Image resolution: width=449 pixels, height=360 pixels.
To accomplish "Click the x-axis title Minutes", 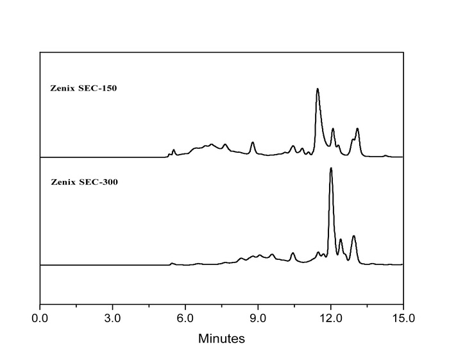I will tap(221, 338).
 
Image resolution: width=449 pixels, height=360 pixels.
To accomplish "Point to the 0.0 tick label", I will tap(40, 318).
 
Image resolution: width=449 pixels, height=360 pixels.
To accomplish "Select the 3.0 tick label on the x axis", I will tap(113, 318).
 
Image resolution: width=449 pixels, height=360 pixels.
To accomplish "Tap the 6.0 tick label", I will tap(185, 318).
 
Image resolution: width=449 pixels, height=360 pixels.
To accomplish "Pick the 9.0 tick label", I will tap(258, 318).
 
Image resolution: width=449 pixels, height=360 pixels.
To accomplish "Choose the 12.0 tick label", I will tap(330, 318).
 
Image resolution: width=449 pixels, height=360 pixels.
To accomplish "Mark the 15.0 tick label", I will tap(403, 318).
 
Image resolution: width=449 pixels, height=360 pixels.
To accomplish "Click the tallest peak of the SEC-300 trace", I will tap(331, 169).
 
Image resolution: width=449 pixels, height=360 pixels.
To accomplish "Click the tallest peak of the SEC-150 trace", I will tap(318, 89).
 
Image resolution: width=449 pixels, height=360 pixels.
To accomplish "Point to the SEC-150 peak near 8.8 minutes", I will tap(253, 142).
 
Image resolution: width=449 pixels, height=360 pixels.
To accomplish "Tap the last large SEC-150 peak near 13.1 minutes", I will tap(357, 129).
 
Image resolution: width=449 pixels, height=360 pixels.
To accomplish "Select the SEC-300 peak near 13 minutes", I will tap(353, 236).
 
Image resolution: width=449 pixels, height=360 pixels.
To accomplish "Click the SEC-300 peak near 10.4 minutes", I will tap(292, 253).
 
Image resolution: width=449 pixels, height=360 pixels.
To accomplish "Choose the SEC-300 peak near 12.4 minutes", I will tap(341, 239).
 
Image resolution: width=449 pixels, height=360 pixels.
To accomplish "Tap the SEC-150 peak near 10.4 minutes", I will tap(292, 146).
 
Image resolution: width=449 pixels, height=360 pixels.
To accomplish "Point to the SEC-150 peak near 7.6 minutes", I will tap(224, 144).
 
